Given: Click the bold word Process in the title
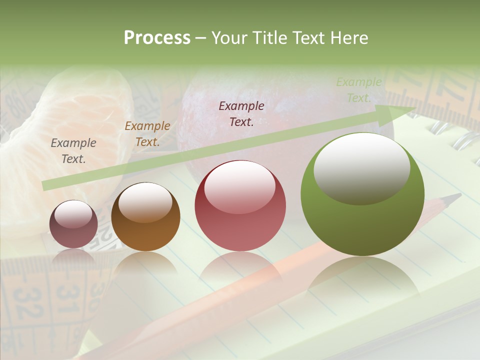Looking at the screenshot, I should [x=157, y=38].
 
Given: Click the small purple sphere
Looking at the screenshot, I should [x=73, y=224].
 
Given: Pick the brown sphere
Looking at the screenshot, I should [x=145, y=217].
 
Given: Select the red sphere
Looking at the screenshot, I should [x=240, y=206].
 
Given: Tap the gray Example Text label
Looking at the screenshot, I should [x=73, y=151].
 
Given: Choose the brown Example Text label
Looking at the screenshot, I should [x=147, y=134].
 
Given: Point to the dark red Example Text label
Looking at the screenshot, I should [x=241, y=113].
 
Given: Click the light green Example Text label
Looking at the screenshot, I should [x=358, y=90].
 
